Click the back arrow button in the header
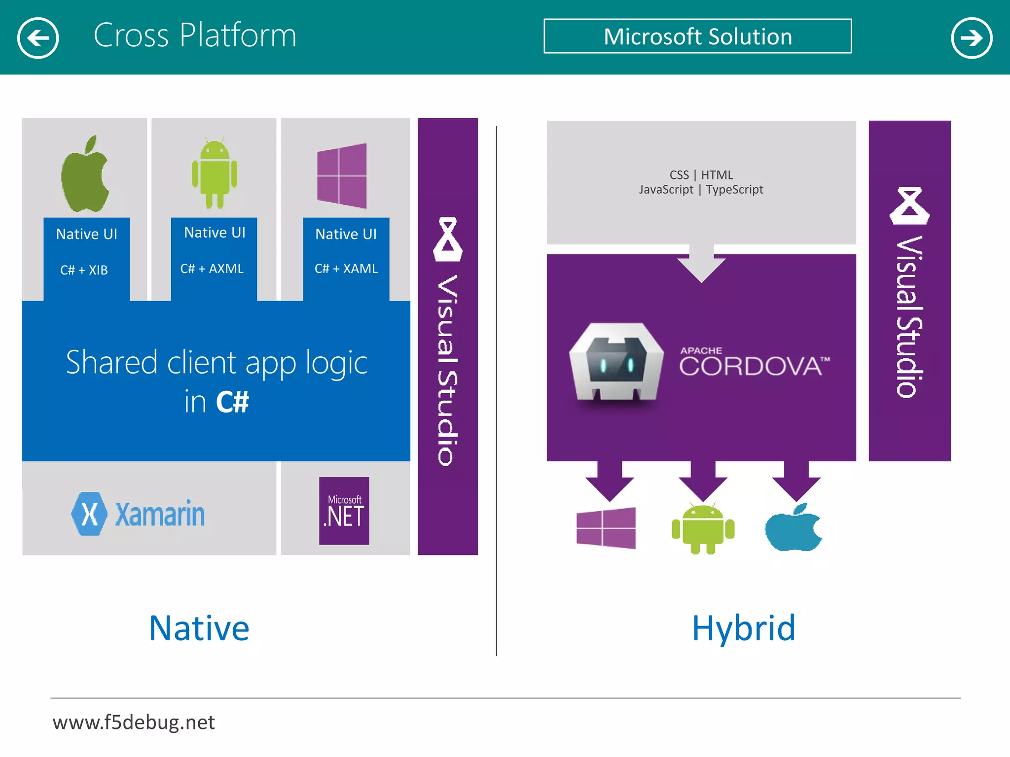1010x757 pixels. pos(38,38)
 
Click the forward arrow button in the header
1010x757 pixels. pos(971,38)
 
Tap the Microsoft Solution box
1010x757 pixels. pos(697,36)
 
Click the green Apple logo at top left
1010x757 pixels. pos(85,175)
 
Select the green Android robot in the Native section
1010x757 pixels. pos(215,173)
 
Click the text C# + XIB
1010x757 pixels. pos(84,270)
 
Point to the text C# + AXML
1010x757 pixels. pos(212,269)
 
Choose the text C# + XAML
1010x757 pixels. pos(346,269)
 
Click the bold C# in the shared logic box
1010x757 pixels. pos(232,402)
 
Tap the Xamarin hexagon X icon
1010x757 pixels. pos(89,514)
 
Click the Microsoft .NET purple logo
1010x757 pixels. pos(344,511)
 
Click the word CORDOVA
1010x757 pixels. pos(750,367)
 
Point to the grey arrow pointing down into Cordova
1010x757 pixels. pos(701,264)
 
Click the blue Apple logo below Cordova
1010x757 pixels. pos(793,527)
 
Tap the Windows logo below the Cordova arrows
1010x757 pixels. pos(606,528)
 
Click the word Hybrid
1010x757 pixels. pos(744,628)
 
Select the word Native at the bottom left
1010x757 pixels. pos(199,628)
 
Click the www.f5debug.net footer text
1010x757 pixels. pos(134,723)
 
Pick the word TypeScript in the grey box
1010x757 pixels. pos(734,190)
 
